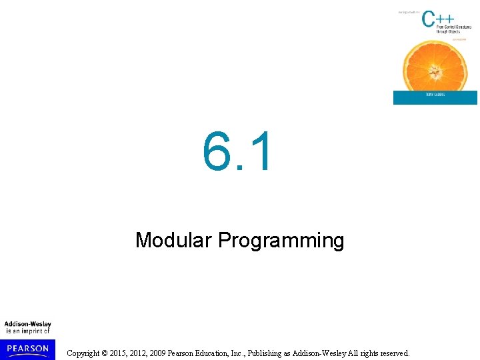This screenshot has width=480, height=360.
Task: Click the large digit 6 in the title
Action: point(217,151)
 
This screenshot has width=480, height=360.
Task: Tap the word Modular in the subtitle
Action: point(173,240)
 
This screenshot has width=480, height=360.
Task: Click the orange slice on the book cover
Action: point(434,63)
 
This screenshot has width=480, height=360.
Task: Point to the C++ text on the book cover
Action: point(437,19)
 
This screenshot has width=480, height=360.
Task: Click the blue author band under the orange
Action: point(435,98)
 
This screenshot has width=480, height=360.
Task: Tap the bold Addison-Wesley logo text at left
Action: point(27,324)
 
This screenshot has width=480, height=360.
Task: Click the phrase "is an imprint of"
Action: point(27,331)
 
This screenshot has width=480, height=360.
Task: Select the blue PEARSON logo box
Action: point(27,349)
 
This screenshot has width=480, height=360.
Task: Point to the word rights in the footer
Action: point(363,353)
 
